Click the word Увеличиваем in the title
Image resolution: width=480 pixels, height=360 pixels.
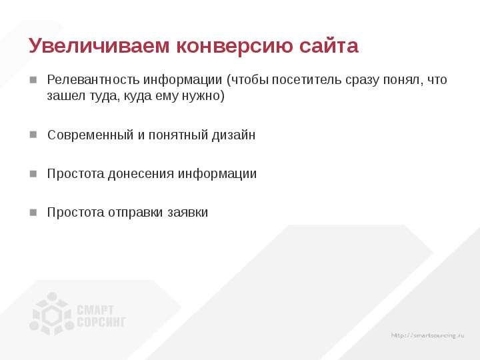(x=99, y=45)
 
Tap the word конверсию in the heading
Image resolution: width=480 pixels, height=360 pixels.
(x=234, y=45)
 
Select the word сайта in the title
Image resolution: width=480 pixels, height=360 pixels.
(x=329, y=45)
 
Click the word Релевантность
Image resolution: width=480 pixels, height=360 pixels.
(x=93, y=79)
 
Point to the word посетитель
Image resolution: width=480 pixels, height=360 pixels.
(x=307, y=80)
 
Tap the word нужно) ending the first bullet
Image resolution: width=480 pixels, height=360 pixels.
(x=203, y=96)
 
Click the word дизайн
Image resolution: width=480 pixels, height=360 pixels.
(x=233, y=135)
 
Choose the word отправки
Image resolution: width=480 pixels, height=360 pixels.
(x=135, y=213)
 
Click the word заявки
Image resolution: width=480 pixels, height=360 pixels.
(x=187, y=213)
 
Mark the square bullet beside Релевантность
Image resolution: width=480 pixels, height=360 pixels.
(x=33, y=80)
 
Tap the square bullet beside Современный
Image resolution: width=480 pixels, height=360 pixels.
(x=33, y=135)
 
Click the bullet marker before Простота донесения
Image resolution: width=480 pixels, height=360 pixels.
(x=33, y=173)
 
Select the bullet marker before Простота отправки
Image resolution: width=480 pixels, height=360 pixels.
(x=33, y=213)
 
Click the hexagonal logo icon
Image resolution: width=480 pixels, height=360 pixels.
(x=52, y=314)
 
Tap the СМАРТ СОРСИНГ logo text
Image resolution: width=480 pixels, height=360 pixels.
(x=101, y=316)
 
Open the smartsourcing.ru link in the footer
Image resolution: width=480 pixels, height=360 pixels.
(x=427, y=335)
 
